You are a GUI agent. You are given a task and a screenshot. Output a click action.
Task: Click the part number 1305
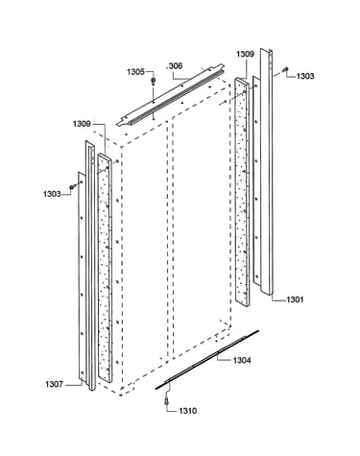(x=136, y=72)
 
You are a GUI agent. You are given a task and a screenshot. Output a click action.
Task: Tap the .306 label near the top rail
(x=175, y=66)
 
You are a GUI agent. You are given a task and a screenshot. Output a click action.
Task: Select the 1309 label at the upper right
(x=245, y=54)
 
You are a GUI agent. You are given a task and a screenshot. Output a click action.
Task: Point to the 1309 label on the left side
(x=82, y=124)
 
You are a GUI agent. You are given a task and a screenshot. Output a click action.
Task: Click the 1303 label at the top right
(x=305, y=76)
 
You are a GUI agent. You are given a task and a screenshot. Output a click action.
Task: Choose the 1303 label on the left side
(x=52, y=194)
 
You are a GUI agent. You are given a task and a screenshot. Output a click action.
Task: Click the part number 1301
(x=295, y=300)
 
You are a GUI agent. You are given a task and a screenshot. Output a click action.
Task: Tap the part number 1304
(x=242, y=361)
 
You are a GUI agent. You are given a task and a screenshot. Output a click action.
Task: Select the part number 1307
(x=54, y=384)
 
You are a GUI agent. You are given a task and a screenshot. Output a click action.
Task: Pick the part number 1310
(x=188, y=411)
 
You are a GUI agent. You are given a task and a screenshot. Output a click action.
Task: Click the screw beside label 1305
(x=154, y=81)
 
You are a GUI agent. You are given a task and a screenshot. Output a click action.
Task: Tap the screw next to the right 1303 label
(x=285, y=69)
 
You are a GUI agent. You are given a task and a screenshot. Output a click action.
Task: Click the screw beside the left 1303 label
(x=72, y=186)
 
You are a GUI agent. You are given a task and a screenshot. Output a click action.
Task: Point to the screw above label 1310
(x=166, y=400)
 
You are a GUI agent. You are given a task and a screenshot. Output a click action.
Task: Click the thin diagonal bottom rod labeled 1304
(x=207, y=360)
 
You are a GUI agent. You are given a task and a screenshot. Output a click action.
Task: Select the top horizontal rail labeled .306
(x=170, y=95)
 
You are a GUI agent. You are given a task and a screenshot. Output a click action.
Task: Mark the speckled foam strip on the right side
(x=242, y=192)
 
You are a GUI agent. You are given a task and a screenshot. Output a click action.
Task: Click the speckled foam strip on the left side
(x=105, y=268)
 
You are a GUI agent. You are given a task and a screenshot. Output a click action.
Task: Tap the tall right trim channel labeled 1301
(x=266, y=172)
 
